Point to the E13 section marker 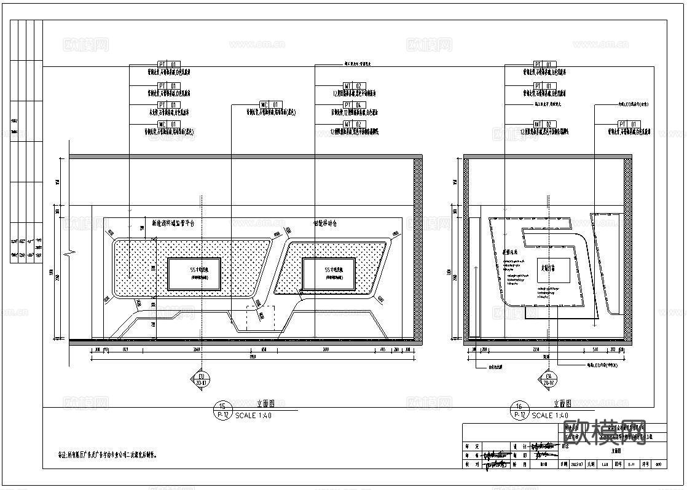[x=200, y=378]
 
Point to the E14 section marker [x=549, y=378]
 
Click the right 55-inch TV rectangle [x=329, y=274]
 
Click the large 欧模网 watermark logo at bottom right [x=605, y=432]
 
